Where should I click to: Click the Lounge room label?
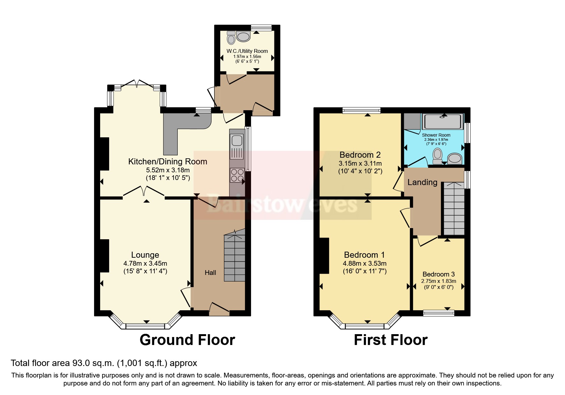click(145, 255)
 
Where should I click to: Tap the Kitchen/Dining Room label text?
click(167, 162)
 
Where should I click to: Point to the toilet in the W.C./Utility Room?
click(231, 38)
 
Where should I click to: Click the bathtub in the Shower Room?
click(442, 122)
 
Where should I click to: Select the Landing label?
click(422, 182)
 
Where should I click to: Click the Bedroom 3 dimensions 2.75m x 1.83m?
click(439, 281)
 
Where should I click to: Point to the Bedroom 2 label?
click(360, 155)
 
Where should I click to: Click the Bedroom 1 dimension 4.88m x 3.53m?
click(364, 263)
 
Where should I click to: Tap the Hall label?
click(210, 273)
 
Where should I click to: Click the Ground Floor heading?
click(187, 340)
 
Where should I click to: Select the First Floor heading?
click(390, 340)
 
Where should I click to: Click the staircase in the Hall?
click(234, 258)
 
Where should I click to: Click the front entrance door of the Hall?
click(219, 309)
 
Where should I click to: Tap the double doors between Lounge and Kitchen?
click(144, 192)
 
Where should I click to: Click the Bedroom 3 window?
click(439, 313)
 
